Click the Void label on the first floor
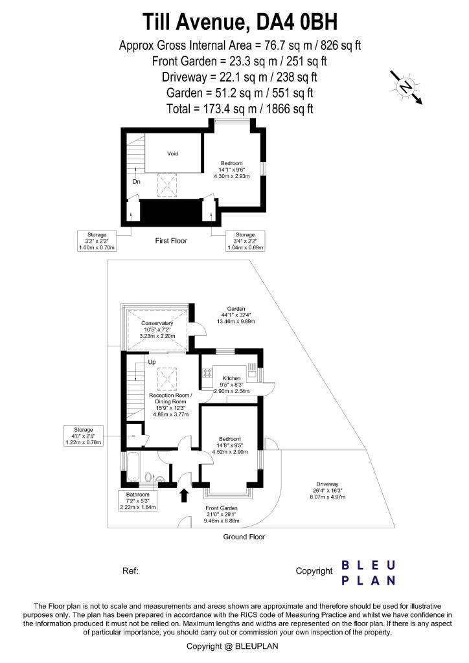(172, 153)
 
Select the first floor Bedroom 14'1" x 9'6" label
(232, 170)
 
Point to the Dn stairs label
(137, 181)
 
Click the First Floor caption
(171, 241)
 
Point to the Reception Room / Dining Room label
(168, 405)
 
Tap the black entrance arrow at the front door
(184, 495)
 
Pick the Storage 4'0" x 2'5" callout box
(83, 436)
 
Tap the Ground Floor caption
(244, 537)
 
